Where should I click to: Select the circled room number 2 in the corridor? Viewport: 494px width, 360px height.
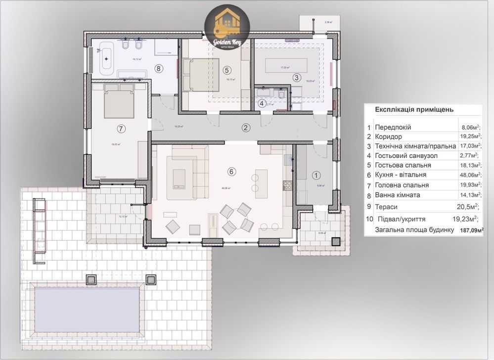pos(246,128)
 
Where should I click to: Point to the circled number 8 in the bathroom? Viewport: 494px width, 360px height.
pos(159,68)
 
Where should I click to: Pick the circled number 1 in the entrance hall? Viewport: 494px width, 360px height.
pos(317,174)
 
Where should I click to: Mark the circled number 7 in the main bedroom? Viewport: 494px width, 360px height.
pos(121,129)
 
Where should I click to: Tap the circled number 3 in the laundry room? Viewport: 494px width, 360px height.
pos(296,77)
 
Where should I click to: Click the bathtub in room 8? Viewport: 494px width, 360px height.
pos(106,57)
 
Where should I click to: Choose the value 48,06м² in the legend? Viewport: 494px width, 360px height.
pos(468,175)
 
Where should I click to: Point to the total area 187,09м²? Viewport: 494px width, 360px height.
pos(469,229)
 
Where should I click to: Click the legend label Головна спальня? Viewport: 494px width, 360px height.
pos(402,185)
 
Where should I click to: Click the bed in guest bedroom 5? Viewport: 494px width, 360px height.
pos(201,75)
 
